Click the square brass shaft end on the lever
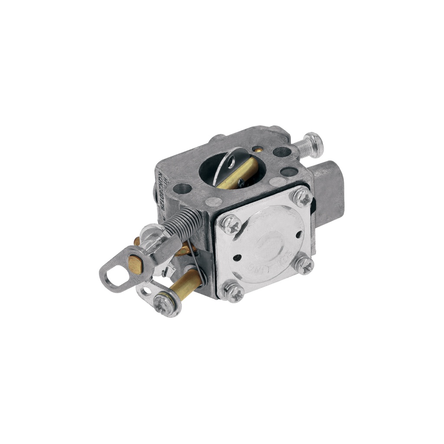(135, 264)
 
